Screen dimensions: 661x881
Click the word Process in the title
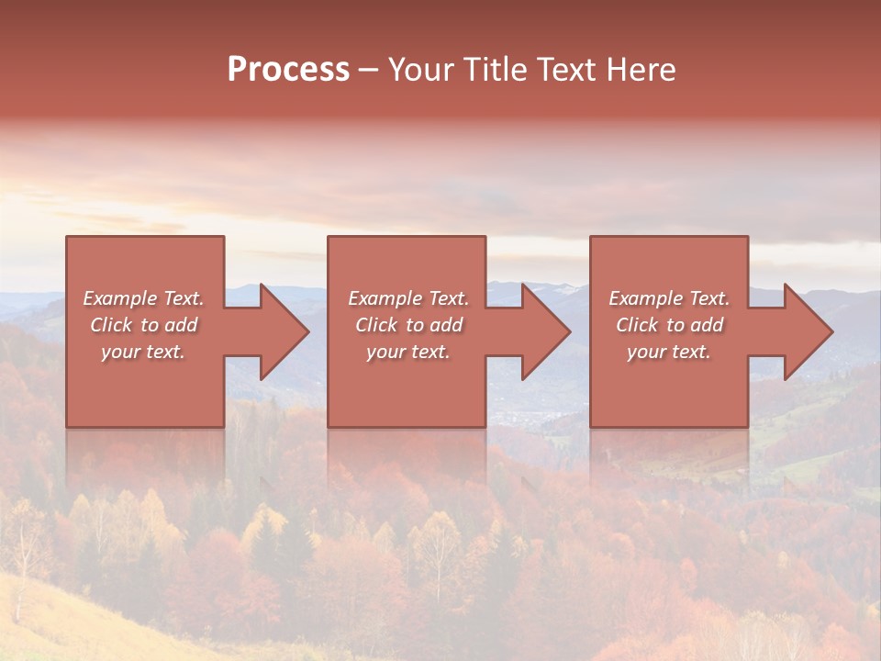point(288,70)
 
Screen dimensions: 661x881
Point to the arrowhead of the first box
point(284,331)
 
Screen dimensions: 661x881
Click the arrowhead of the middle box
point(546,331)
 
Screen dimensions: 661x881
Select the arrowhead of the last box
point(809,331)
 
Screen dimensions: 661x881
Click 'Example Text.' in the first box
point(143,298)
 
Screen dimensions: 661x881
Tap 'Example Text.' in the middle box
point(408,298)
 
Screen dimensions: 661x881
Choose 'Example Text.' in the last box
point(669,298)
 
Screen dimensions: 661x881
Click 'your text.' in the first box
point(143,352)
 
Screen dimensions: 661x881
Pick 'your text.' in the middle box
point(408,352)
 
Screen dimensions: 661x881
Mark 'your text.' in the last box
point(669,352)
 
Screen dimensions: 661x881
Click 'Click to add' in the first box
point(143,325)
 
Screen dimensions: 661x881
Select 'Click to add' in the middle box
point(408,325)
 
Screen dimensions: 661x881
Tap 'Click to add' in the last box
point(669,325)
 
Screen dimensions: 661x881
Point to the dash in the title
point(369,71)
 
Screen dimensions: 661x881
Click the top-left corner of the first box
point(67,238)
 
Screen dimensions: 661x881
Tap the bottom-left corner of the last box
point(591,426)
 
